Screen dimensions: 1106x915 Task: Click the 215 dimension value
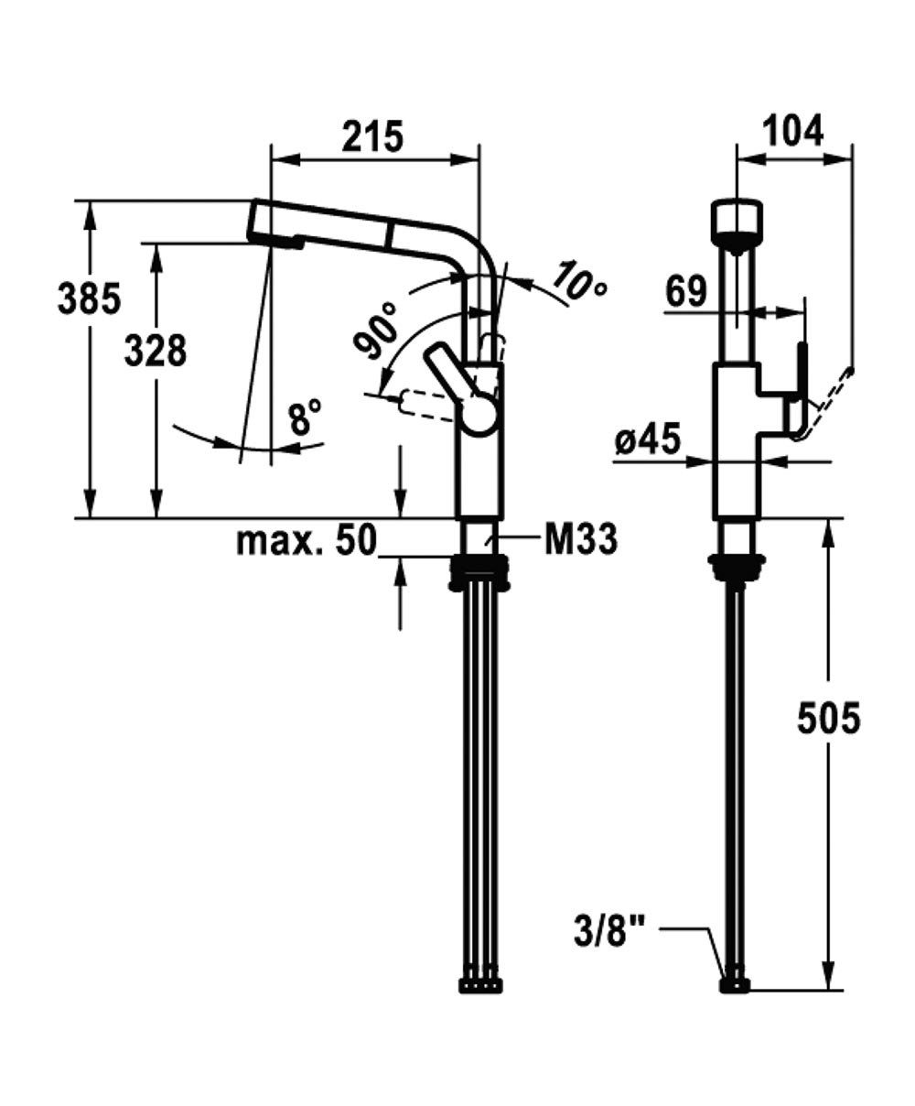(x=372, y=136)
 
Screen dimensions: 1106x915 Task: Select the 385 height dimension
(x=89, y=298)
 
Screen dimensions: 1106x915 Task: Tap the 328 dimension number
(x=156, y=350)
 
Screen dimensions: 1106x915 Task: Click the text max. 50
(x=307, y=541)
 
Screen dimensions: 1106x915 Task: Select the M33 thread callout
(x=580, y=540)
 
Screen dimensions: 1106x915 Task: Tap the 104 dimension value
(x=792, y=131)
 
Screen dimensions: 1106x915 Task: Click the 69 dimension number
(x=686, y=291)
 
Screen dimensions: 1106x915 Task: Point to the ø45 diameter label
(x=649, y=441)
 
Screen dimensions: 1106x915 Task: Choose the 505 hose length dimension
(x=828, y=719)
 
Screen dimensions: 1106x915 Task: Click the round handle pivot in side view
(x=479, y=413)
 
